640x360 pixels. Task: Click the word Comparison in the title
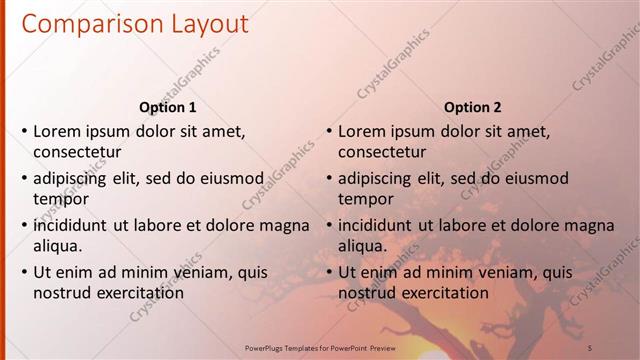[87, 23]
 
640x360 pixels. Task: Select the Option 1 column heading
[168, 108]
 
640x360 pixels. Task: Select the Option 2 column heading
[473, 108]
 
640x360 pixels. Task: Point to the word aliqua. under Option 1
[58, 246]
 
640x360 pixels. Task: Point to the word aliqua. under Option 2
[363, 246]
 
